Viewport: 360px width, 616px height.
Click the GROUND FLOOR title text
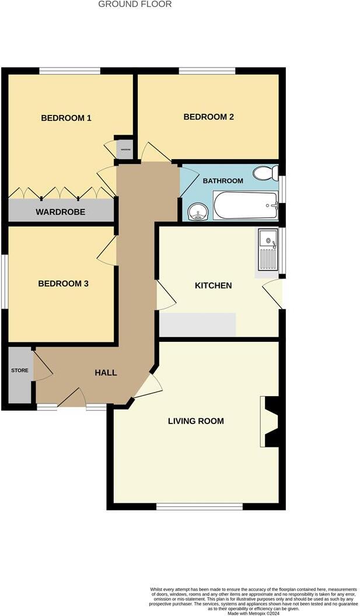135,4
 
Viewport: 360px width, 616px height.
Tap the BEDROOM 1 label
66,118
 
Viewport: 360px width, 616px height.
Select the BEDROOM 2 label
208,117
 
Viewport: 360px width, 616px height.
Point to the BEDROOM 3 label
63,283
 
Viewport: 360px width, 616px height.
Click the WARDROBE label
60,212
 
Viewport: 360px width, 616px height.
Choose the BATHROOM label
222,181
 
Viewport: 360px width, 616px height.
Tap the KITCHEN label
213,285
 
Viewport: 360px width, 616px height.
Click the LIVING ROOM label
195,421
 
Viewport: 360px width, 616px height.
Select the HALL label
106,372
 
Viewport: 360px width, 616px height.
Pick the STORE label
19,370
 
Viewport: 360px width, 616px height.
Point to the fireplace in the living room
271,422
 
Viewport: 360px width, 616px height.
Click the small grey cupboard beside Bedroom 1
125,149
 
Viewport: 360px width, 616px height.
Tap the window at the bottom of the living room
199,507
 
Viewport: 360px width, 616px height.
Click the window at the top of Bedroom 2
207,71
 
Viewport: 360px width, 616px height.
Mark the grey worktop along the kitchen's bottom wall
197,324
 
